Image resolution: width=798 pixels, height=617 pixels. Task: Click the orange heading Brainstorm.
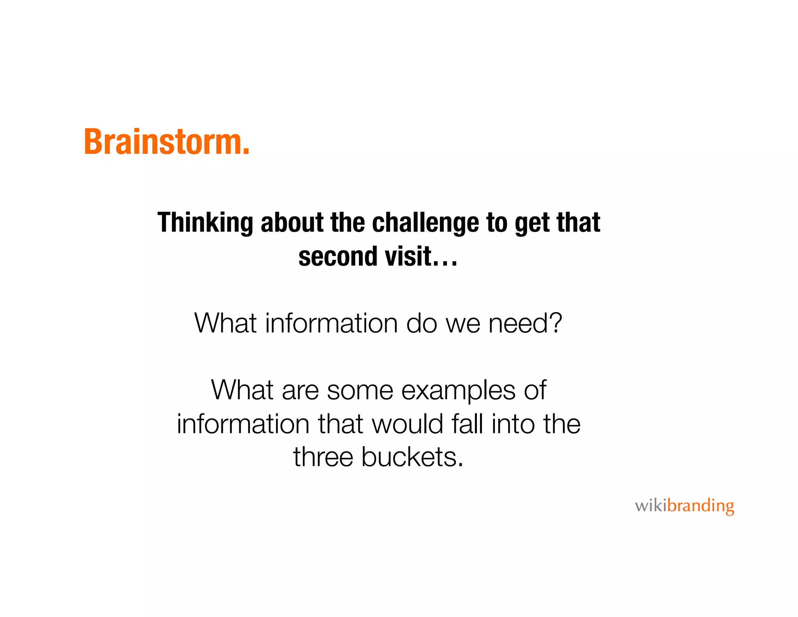tap(166, 142)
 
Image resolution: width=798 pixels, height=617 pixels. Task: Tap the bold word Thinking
tap(205, 223)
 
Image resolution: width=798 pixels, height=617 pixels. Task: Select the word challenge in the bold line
tap(425, 223)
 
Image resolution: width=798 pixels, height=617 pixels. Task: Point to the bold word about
tap(292, 222)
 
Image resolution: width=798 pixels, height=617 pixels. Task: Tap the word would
tap(408, 424)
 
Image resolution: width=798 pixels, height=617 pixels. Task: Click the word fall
tap(467, 424)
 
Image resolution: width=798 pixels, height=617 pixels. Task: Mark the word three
tap(323, 457)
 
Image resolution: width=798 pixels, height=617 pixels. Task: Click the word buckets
tap(412, 457)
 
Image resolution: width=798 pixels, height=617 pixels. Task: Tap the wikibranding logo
tap(684, 506)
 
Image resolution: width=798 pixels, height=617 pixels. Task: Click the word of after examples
tap(535, 390)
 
